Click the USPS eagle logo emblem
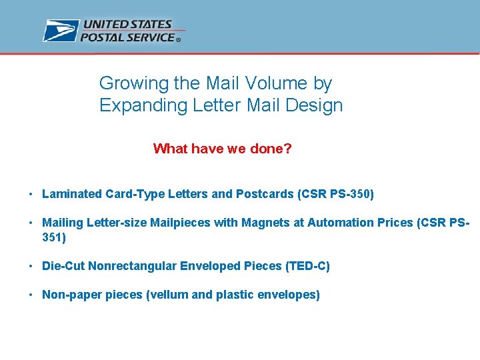61,31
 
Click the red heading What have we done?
222,149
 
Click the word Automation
336,223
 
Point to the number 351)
54,237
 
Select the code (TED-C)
307,266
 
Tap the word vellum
167,295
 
